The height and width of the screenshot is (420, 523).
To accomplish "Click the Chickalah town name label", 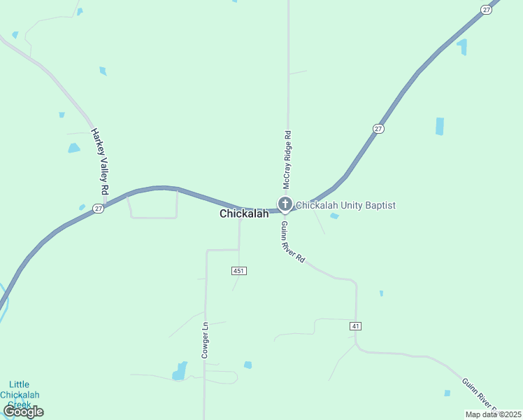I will click(x=244, y=213).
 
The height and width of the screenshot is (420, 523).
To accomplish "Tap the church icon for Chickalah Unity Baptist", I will click(x=285, y=204).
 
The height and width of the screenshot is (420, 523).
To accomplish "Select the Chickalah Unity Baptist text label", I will click(x=345, y=205).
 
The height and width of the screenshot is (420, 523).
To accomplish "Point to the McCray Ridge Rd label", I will click(x=287, y=160).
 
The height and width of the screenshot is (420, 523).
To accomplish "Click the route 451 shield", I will click(x=239, y=270).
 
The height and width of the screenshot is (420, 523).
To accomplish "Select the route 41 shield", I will click(x=356, y=326).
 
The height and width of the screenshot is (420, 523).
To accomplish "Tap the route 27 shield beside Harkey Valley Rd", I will click(x=99, y=208).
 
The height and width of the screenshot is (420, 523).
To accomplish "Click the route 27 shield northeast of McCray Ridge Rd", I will click(x=378, y=129).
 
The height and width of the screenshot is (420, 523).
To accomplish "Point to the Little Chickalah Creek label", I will click(x=20, y=394).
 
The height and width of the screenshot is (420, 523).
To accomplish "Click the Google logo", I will click(x=23, y=412).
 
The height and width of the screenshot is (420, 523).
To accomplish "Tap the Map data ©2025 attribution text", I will click(x=492, y=414).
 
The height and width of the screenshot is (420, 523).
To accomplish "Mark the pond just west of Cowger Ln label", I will click(x=180, y=370).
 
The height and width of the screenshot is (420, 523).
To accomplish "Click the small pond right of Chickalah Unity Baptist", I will click(x=334, y=216).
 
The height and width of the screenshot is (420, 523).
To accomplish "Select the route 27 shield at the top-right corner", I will click(x=486, y=9).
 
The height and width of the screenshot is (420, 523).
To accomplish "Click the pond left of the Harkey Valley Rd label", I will click(x=73, y=148).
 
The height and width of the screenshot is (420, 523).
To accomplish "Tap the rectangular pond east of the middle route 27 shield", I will click(x=440, y=126).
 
